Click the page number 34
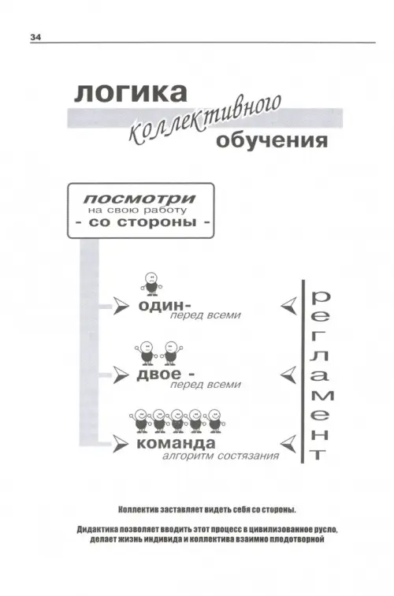point(35,37)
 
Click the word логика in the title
point(131,92)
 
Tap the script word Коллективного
point(205,121)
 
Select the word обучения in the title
point(272,140)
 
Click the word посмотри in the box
point(139,199)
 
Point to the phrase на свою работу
point(138,210)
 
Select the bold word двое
point(159,374)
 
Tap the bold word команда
point(176,443)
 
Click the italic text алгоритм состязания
point(221,456)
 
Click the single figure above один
point(151,284)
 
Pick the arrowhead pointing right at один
point(121,306)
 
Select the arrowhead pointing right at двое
point(121,375)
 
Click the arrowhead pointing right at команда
point(121,444)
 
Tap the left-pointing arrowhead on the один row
point(288,306)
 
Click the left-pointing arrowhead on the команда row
point(288,444)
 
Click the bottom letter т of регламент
point(318,455)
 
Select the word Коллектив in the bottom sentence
point(139,510)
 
